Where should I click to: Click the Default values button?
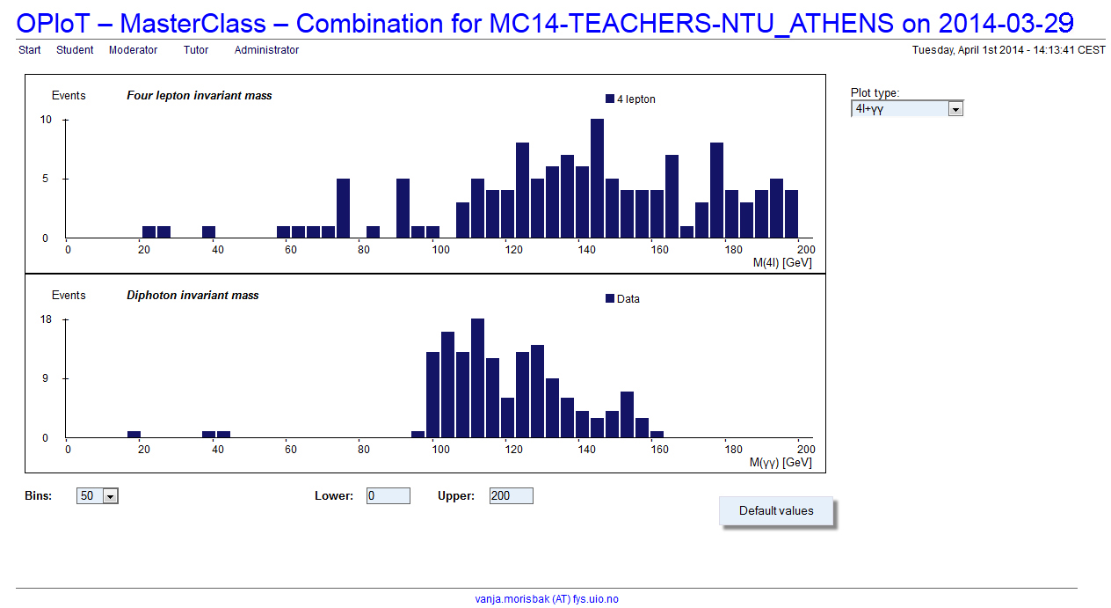tap(776, 510)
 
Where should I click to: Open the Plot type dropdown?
tap(907, 109)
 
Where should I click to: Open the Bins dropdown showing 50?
tap(98, 496)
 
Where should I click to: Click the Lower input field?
tap(388, 496)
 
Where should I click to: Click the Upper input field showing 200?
tap(512, 496)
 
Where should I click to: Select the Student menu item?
tap(75, 50)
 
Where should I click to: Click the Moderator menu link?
tap(133, 50)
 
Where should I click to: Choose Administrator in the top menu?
tap(266, 50)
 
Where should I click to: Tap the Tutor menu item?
tap(196, 50)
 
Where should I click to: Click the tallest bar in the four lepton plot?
tap(597, 179)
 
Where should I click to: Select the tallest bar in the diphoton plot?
tap(477, 378)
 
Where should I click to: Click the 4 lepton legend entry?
tap(630, 99)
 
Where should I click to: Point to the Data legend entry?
tap(622, 299)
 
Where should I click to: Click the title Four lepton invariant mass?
tap(200, 96)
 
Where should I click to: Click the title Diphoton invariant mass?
tap(192, 296)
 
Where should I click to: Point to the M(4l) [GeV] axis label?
tap(782, 262)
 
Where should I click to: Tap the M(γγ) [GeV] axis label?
tap(781, 463)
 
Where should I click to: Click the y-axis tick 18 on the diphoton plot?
tap(46, 319)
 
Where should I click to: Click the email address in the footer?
tap(547, 599)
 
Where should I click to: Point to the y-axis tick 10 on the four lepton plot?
tap(46, 120)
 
